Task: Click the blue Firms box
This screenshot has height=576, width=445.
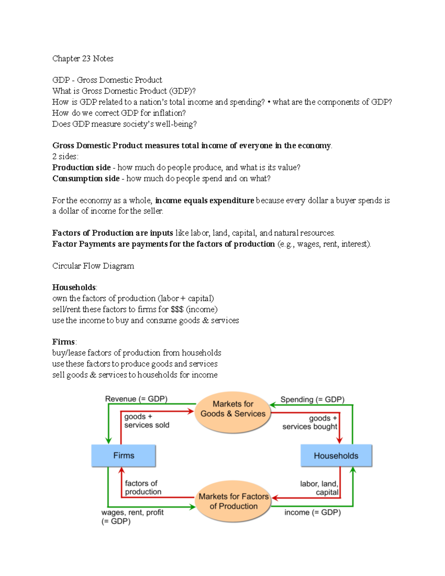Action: point(123,455)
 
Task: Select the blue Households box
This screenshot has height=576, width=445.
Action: point(336,455)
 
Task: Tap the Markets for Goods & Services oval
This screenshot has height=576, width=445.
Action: point(233,409)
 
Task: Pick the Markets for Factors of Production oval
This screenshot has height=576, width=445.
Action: point(233,501)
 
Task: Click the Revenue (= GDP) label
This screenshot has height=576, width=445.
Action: point(136,399)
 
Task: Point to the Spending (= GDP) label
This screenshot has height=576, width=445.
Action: point(312,399)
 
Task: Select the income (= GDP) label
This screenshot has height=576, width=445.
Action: point(312,512)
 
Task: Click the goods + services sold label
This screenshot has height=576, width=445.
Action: point(146,421)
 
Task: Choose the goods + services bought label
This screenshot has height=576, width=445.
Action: point(310,422)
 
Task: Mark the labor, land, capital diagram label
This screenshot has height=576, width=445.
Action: point(319,488)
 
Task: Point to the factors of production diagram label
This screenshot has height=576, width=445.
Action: point(143,487)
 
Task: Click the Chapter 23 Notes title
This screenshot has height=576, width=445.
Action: point(83,59)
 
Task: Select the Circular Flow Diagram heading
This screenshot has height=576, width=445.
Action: point(93,266)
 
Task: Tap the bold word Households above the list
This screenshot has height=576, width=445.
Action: point(74,287)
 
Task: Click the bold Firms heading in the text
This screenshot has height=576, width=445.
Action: point(64,342)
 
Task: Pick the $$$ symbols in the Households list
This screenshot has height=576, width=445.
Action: point(177,309)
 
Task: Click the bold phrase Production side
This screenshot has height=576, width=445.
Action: point(82,168)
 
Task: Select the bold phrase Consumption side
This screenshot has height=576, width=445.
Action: point(86,178)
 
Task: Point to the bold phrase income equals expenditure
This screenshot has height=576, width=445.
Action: point(205,201)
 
